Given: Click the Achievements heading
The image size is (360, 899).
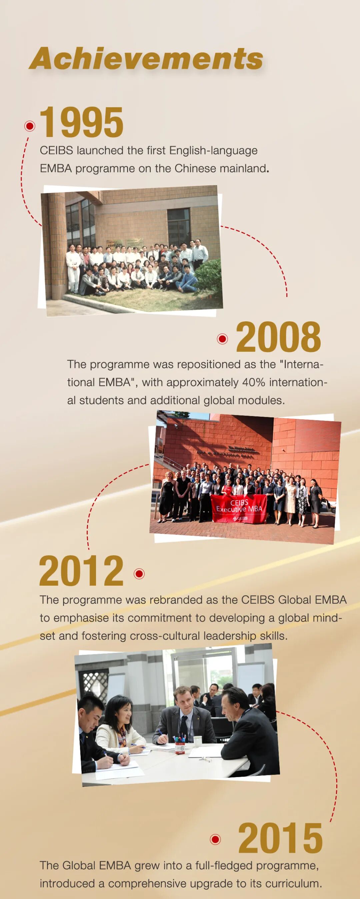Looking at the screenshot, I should click(146, 59).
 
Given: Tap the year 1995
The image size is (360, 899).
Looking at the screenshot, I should click(82, 122).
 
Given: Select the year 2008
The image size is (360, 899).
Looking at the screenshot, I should click(278, 337).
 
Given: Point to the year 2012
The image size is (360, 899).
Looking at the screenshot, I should click(81, 571).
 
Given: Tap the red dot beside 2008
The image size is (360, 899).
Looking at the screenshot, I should click(222, 339).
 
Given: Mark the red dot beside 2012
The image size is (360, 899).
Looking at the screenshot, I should click(139, 573).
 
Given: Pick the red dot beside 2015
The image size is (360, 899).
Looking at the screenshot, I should click(216, 839).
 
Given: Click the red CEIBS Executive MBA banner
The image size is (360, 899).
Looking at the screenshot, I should click(239, 508).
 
